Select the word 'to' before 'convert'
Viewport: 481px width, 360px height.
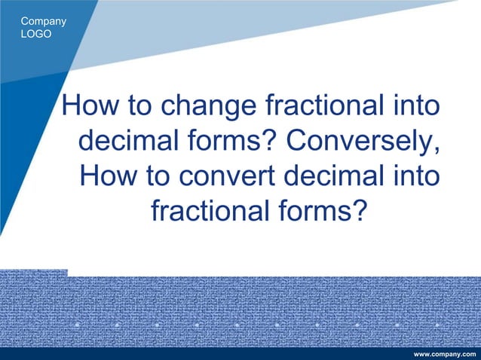click(x=157, y=177)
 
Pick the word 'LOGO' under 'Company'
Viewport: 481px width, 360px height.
click(x=37, y=34)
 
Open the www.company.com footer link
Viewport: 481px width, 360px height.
click(x=446, y=354)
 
